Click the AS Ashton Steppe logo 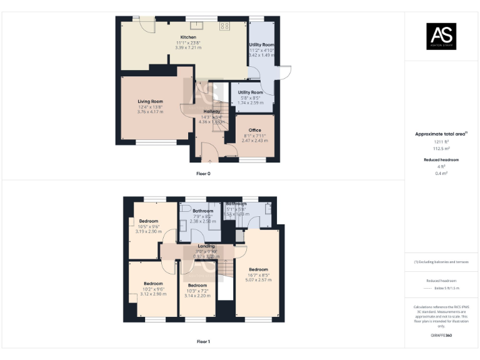(x=441, y=36)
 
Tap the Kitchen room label (x=188, y=37)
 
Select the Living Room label (x=150, y=101)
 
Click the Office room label (x=254, y=130)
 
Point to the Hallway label (x=211, y=111)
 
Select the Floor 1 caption (x=204, y=342)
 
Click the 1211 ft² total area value (x=442, y=141)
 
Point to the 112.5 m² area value (x=442, y=149)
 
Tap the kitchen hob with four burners (x=225, y=26)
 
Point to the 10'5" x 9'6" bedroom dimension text (x=149, y=226)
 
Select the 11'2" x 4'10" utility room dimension (x=261, y=51)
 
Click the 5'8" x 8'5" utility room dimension (x=250, y=97)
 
